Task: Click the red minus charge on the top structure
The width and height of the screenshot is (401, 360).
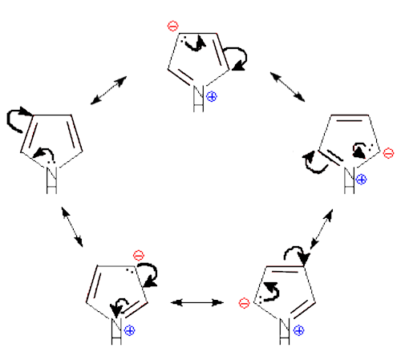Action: point(172,26)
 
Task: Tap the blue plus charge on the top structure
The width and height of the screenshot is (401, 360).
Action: point(212,96)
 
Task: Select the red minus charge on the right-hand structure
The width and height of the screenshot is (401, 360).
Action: point(388,153)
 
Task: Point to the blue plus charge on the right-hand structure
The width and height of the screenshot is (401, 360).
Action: point(361,180)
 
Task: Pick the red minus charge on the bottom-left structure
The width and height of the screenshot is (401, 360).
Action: point(139,256)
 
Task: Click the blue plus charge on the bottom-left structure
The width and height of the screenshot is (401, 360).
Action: point(130,330)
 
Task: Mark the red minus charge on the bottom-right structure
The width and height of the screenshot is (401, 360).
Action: point(244,303)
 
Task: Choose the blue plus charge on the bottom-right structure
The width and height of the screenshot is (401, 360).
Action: point(298,330)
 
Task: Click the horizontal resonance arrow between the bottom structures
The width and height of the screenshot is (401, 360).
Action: point(197,302)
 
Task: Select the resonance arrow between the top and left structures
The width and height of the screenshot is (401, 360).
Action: point(108,91)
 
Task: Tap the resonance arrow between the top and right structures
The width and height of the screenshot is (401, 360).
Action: point(287,87)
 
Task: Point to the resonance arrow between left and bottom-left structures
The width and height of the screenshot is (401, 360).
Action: point(72,227)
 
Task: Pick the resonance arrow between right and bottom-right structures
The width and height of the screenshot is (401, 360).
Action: point(322,229)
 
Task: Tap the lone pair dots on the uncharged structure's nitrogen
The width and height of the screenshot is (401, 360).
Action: point(51,162)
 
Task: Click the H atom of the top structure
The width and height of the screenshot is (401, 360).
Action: point(198,105)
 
